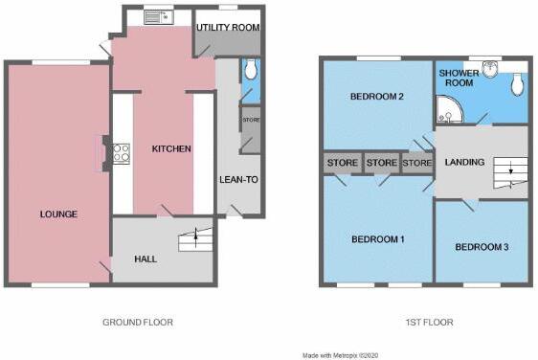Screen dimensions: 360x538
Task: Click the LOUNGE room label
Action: [58, 214]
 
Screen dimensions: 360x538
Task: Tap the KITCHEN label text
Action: [171, 149]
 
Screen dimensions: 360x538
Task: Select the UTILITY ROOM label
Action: [228, 27]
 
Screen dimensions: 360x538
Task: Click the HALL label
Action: [146, 259]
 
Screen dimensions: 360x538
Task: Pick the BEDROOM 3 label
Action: [481, 247]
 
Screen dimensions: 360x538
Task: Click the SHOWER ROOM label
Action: [457, 78]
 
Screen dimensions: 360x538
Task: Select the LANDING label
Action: [464, 162]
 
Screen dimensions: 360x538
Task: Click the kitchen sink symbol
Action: [156, 16]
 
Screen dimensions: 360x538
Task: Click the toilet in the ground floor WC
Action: [251, 68]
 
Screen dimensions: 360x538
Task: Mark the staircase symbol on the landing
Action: [507, 176]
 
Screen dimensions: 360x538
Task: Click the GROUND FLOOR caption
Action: [144, 322]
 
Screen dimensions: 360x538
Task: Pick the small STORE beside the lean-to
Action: [250, 121]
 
